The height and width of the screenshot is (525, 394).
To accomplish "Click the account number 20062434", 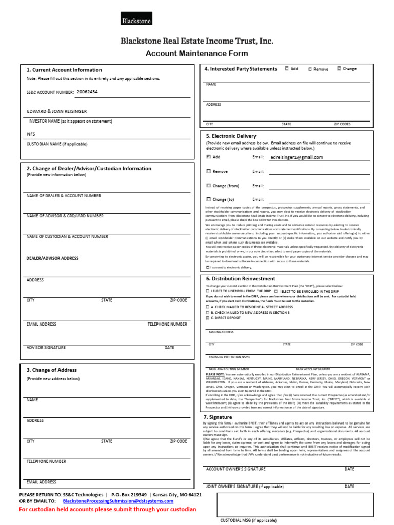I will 87,92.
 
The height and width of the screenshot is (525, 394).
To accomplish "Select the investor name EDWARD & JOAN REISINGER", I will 56,111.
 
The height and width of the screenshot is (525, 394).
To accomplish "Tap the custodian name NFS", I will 31,134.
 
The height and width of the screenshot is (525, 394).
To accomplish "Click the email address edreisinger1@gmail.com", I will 296,158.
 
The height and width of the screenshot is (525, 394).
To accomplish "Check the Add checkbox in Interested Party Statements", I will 286,68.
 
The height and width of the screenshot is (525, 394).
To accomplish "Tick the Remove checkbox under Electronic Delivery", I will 208,171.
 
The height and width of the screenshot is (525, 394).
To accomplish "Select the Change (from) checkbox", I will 208,186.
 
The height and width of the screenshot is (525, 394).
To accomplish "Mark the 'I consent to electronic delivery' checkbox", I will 207,267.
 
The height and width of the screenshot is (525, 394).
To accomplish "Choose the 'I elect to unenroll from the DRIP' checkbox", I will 207,291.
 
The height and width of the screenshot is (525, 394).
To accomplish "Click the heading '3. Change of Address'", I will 51,370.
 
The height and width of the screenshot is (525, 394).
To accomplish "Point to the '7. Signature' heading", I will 218,417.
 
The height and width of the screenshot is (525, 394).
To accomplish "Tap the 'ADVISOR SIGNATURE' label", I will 46,348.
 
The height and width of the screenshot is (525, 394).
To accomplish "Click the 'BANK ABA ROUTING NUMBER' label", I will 228,369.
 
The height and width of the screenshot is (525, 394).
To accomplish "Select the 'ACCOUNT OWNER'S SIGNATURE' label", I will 235,469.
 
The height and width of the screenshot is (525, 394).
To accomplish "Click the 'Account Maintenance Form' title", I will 196,53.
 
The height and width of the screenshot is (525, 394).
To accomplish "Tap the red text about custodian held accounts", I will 107,510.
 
